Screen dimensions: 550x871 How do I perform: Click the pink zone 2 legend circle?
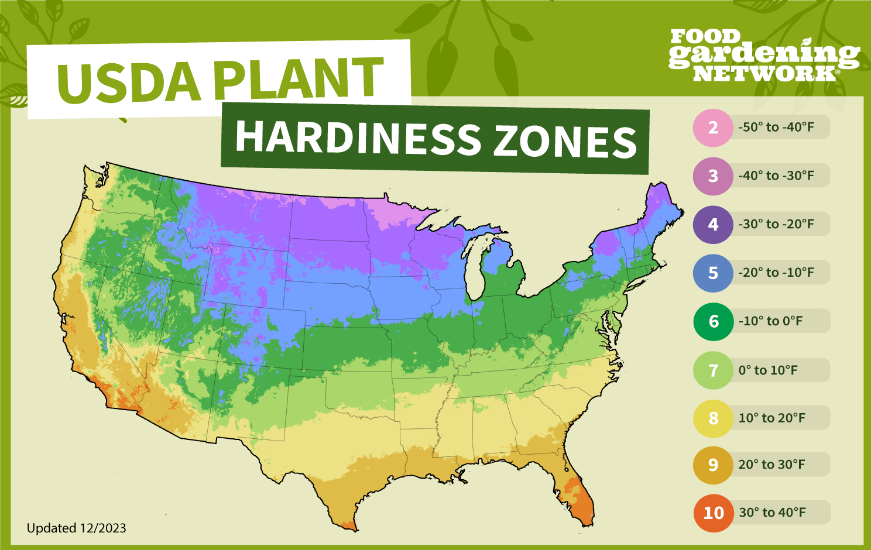tap(713, 128)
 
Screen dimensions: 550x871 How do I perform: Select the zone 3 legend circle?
tap(713, 176)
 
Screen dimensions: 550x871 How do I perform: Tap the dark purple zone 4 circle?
tap(713, 225)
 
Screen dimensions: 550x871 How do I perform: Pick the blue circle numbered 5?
tap(713, 273)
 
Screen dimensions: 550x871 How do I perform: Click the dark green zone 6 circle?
tap(714, 322)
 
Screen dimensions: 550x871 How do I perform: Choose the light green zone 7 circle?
tap(713, 371)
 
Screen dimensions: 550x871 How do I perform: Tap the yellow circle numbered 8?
tap(713, 419)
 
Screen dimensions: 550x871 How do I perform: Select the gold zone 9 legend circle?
tap(713, 465)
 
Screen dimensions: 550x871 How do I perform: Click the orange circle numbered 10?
tap(714, 513)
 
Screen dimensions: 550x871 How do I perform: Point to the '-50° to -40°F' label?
tap(776, 127)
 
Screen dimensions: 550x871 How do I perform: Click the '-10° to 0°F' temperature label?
tap(770, 321)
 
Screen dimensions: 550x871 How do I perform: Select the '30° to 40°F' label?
tap(772, 513)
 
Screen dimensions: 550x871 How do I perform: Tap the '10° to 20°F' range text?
tap(771, 418)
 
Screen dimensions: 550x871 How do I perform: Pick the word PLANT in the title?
tap(299, 77)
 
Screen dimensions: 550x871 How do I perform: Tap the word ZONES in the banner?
tap(565, 142)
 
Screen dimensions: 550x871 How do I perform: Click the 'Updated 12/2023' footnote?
tap(77, 528)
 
